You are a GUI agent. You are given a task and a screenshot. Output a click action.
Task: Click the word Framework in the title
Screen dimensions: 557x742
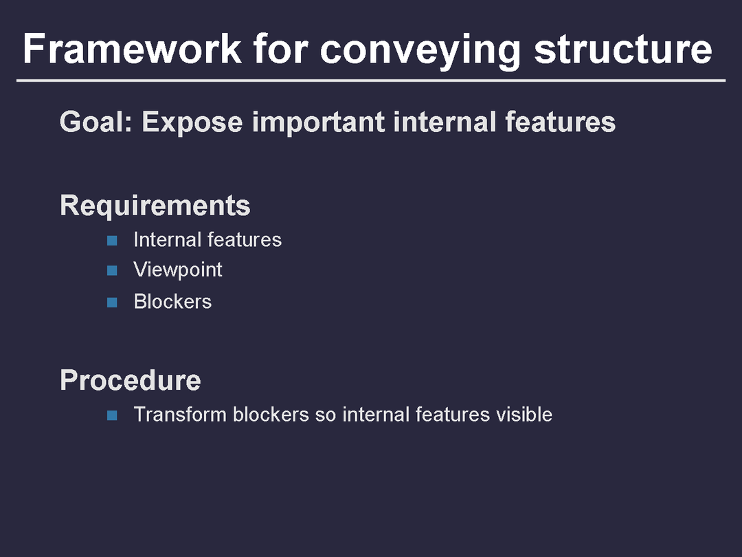(132, 49)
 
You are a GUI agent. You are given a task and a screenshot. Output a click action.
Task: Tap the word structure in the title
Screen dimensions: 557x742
(623, 49)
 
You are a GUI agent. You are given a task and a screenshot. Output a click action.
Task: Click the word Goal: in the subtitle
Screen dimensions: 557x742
(97, 122)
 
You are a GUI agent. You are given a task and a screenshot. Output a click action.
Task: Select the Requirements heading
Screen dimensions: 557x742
(155, 206)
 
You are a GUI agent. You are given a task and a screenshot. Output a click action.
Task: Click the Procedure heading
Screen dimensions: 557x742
(131, 380)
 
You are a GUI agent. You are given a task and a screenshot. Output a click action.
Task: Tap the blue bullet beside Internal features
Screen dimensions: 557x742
(113, 240)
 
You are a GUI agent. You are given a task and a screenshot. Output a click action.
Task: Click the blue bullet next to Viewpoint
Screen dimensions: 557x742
(113, 270)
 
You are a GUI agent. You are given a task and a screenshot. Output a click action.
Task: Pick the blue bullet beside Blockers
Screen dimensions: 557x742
(113, 301)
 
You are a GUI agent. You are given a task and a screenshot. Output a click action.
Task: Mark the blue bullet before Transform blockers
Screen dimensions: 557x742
(113, 415)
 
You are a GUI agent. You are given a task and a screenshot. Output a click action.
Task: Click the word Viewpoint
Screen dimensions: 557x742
(178, 270)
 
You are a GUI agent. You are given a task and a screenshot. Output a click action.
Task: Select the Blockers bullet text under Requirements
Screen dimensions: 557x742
(172, 301)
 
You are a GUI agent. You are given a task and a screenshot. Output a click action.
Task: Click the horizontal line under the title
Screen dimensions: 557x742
(371, 81)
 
